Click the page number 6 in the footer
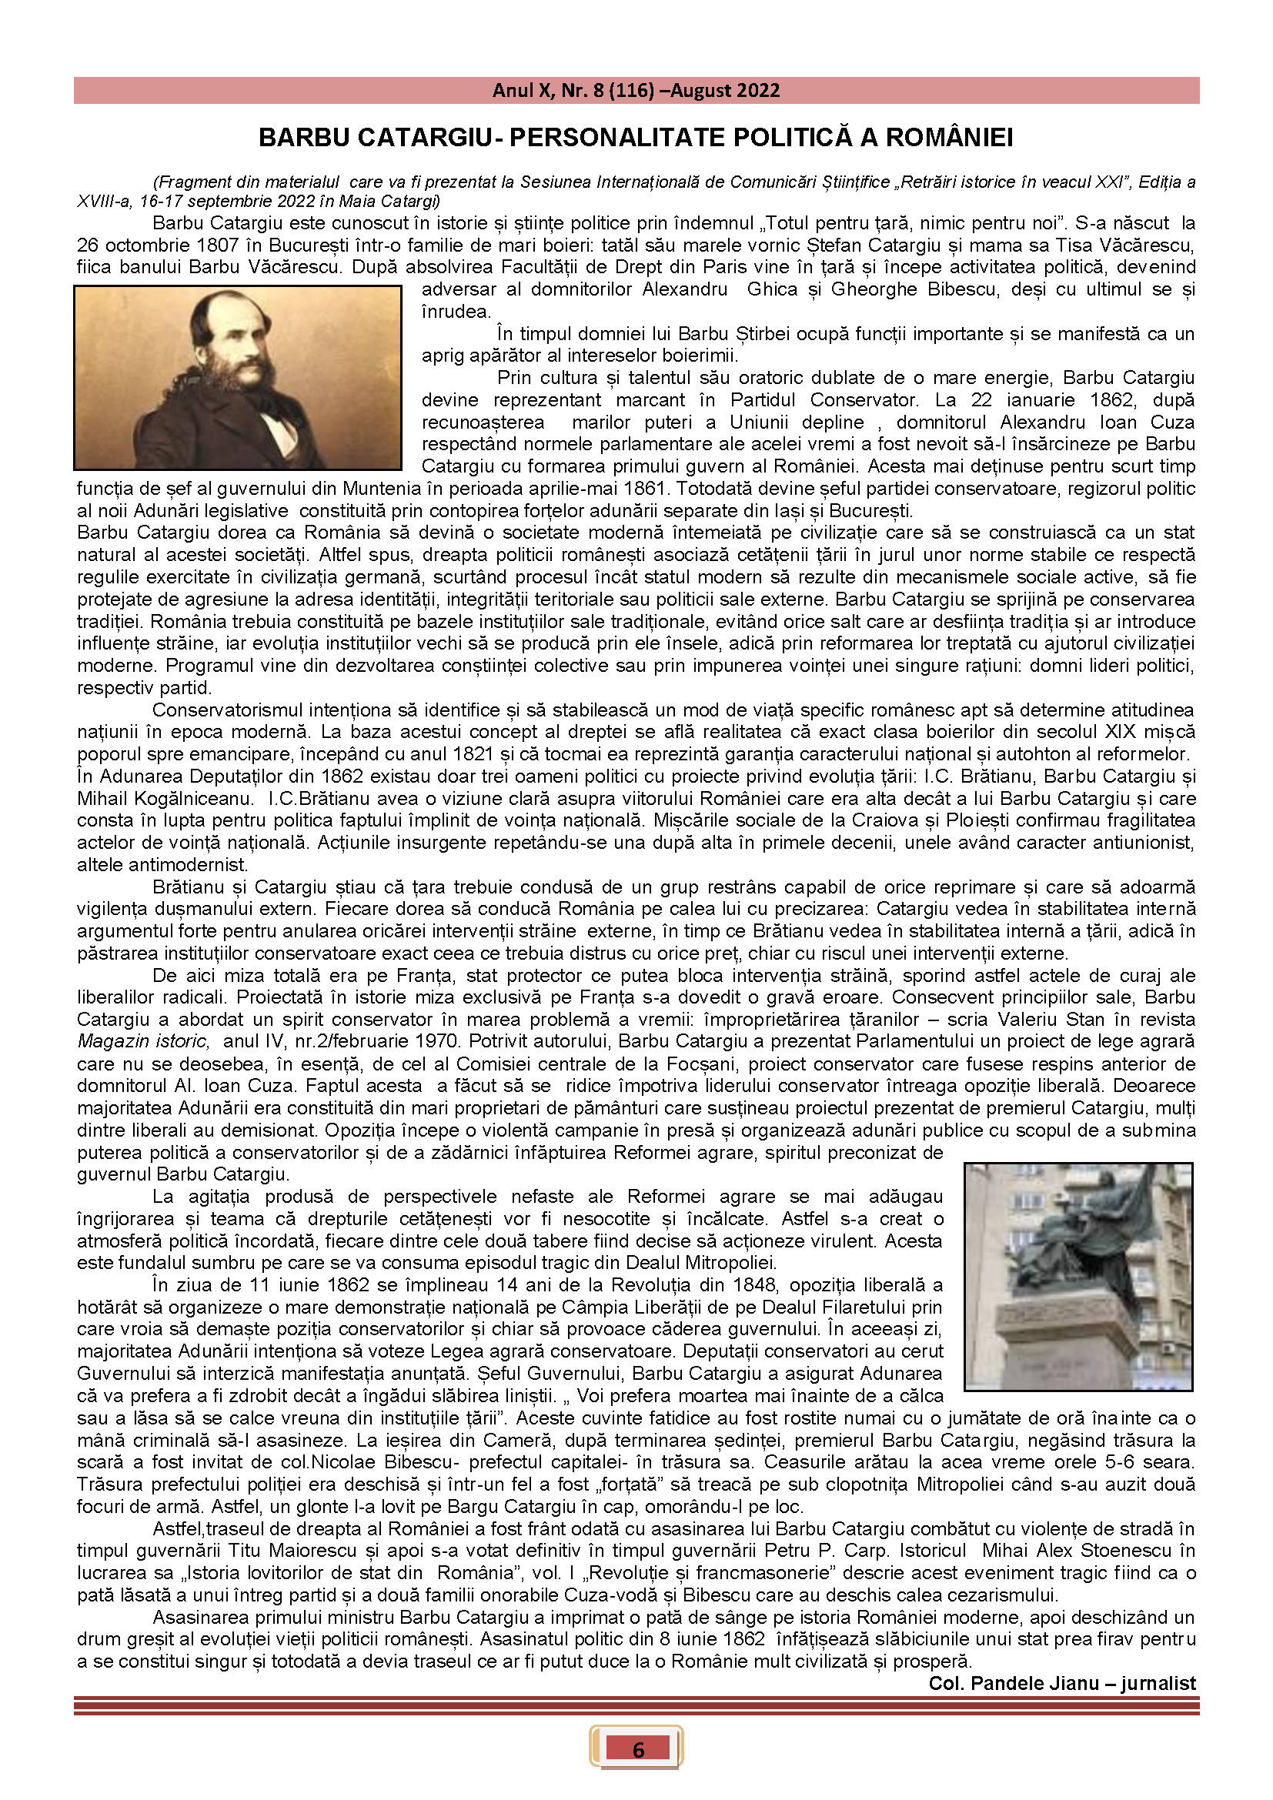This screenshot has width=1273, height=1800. pyautogui.click(x=637, y=1749)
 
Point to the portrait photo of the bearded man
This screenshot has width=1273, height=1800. pyautogui.click(x=238, y=377)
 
